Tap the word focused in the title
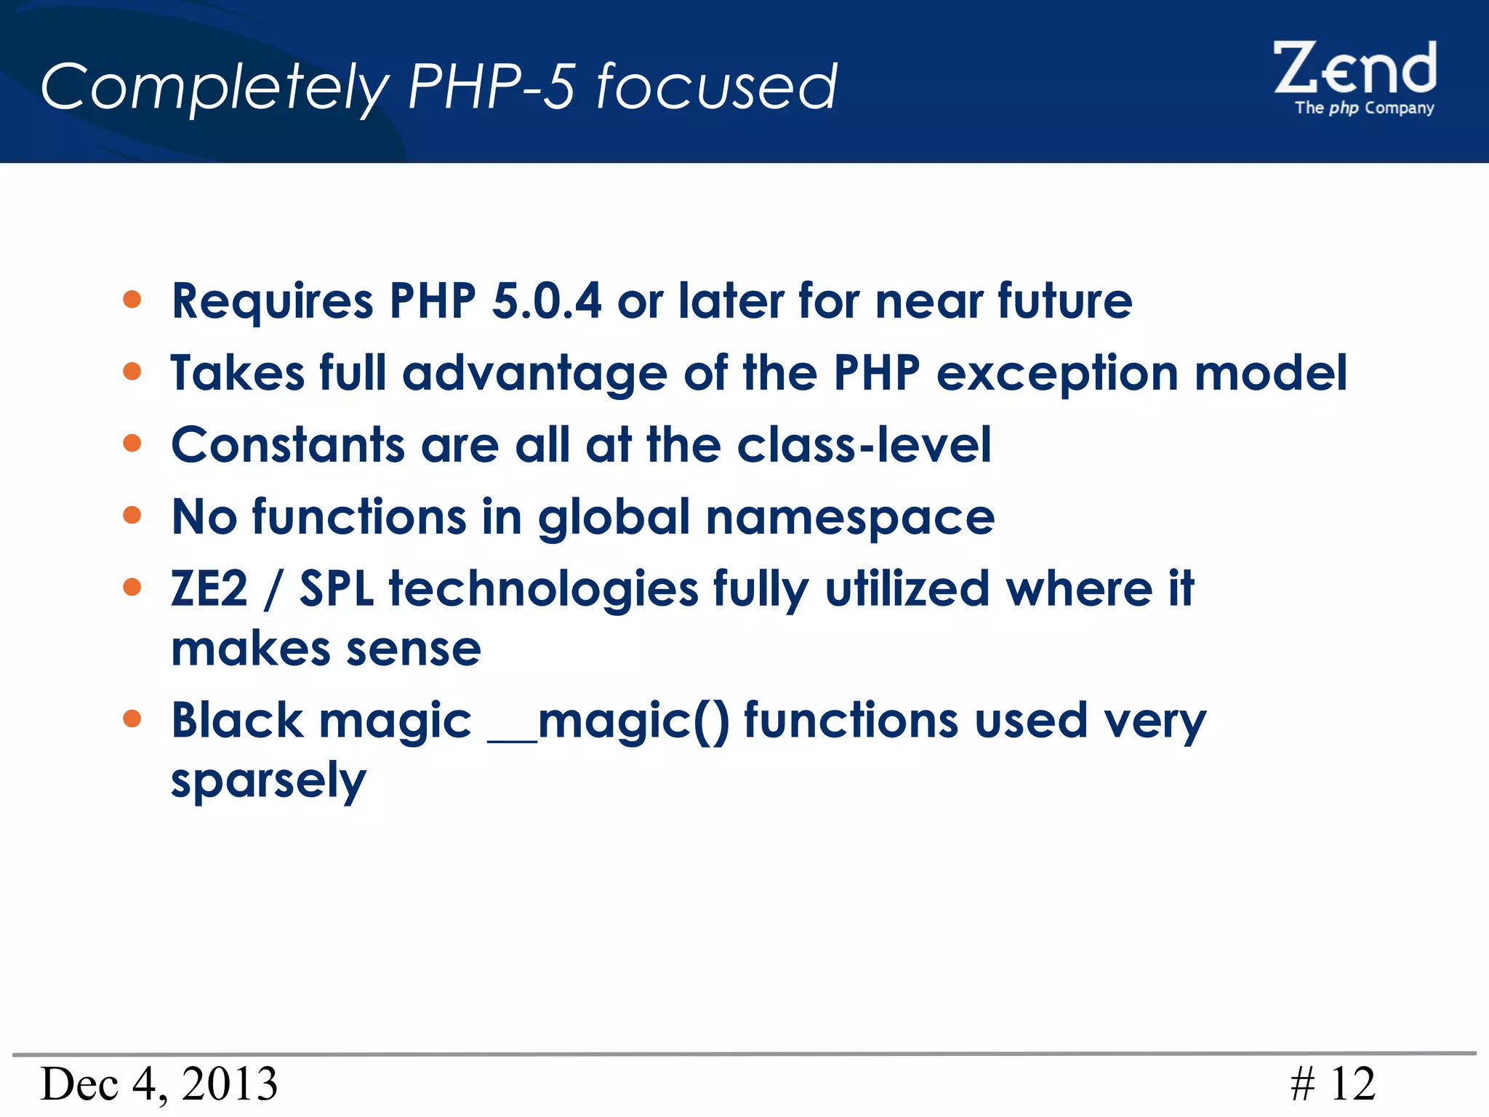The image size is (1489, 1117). pyautogui.click(x=716, y=87)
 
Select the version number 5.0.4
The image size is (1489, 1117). pyautogui.click(x=547, y=300)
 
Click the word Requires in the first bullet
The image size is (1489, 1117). pyautogui.click(x=273, y=302)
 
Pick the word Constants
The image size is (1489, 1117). pyautogui.click(x=288, y=444)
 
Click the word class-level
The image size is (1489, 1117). pyautogui.click(x=864, y=444)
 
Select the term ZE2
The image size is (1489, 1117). pyautogui.click(x=209, y=588)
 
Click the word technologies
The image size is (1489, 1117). pyautogui.click(x=544, y=590)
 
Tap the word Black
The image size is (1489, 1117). pyautogui.click(x=237, y=721)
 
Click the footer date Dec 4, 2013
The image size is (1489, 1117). pyautogui.click(x=159, y=1084)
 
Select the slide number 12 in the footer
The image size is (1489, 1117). pyautogui.click(x=1352, y=1084)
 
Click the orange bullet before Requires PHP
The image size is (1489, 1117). pyautogui.click(x=132, y=300)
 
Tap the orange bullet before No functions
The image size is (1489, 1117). pyautogui.click(x=132, y=516)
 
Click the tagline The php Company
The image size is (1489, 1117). pyautogui.click(x=1364, y=108)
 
